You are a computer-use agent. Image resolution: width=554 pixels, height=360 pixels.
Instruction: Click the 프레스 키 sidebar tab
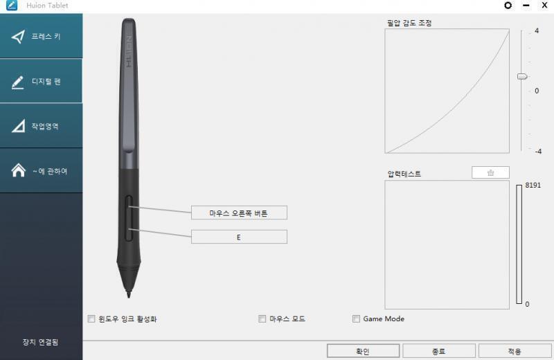point(41,36)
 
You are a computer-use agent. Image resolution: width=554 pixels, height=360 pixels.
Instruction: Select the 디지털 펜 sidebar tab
point(41,81)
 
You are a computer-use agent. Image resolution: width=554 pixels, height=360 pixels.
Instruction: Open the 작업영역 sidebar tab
point(41,126)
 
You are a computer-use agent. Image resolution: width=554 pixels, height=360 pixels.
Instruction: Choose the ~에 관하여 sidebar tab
point(41,170)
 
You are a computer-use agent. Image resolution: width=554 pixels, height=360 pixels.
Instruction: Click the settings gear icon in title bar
point(508,6)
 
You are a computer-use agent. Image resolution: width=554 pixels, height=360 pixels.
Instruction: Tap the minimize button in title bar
point(526,6)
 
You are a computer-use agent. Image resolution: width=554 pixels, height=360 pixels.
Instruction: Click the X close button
point(545,6)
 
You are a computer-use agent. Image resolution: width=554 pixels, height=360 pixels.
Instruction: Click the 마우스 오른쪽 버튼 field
point(239,213)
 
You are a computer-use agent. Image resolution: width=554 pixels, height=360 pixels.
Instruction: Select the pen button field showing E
point(239,237)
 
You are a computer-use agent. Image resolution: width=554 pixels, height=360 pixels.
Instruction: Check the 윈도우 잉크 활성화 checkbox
point(91,319)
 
